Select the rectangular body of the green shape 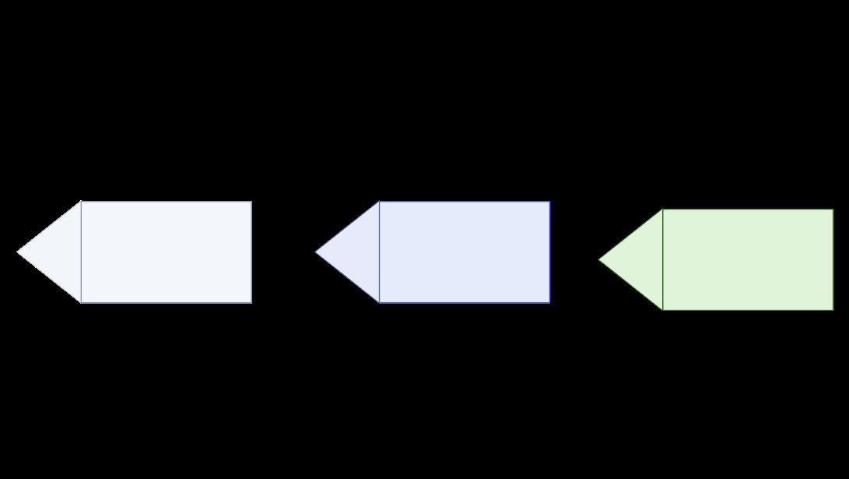click(x=748, y=259)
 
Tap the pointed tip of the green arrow click(x=598, y=259)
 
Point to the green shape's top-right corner click(x=833, y=210)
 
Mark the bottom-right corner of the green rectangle click(x=833, y=310)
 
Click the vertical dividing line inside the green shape click(x=663, y=259)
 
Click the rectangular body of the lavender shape click(x=465, y=252)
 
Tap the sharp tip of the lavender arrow click(x=315, y=252)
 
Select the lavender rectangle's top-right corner click(x=549, y=202)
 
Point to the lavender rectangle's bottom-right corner click(x=549, y=302)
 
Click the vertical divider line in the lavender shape click(x=380, y=252)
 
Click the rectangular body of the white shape click(x=166, y=252)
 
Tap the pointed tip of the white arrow click(x=17, y=252)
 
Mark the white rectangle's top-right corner click(x=251, y=202)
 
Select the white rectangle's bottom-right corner click(x=251, y=302)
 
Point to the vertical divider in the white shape click(x=81, y=252)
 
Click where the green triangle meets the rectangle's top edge click(x=663, y=210)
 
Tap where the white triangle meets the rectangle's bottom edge click(x=81, y=302)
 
